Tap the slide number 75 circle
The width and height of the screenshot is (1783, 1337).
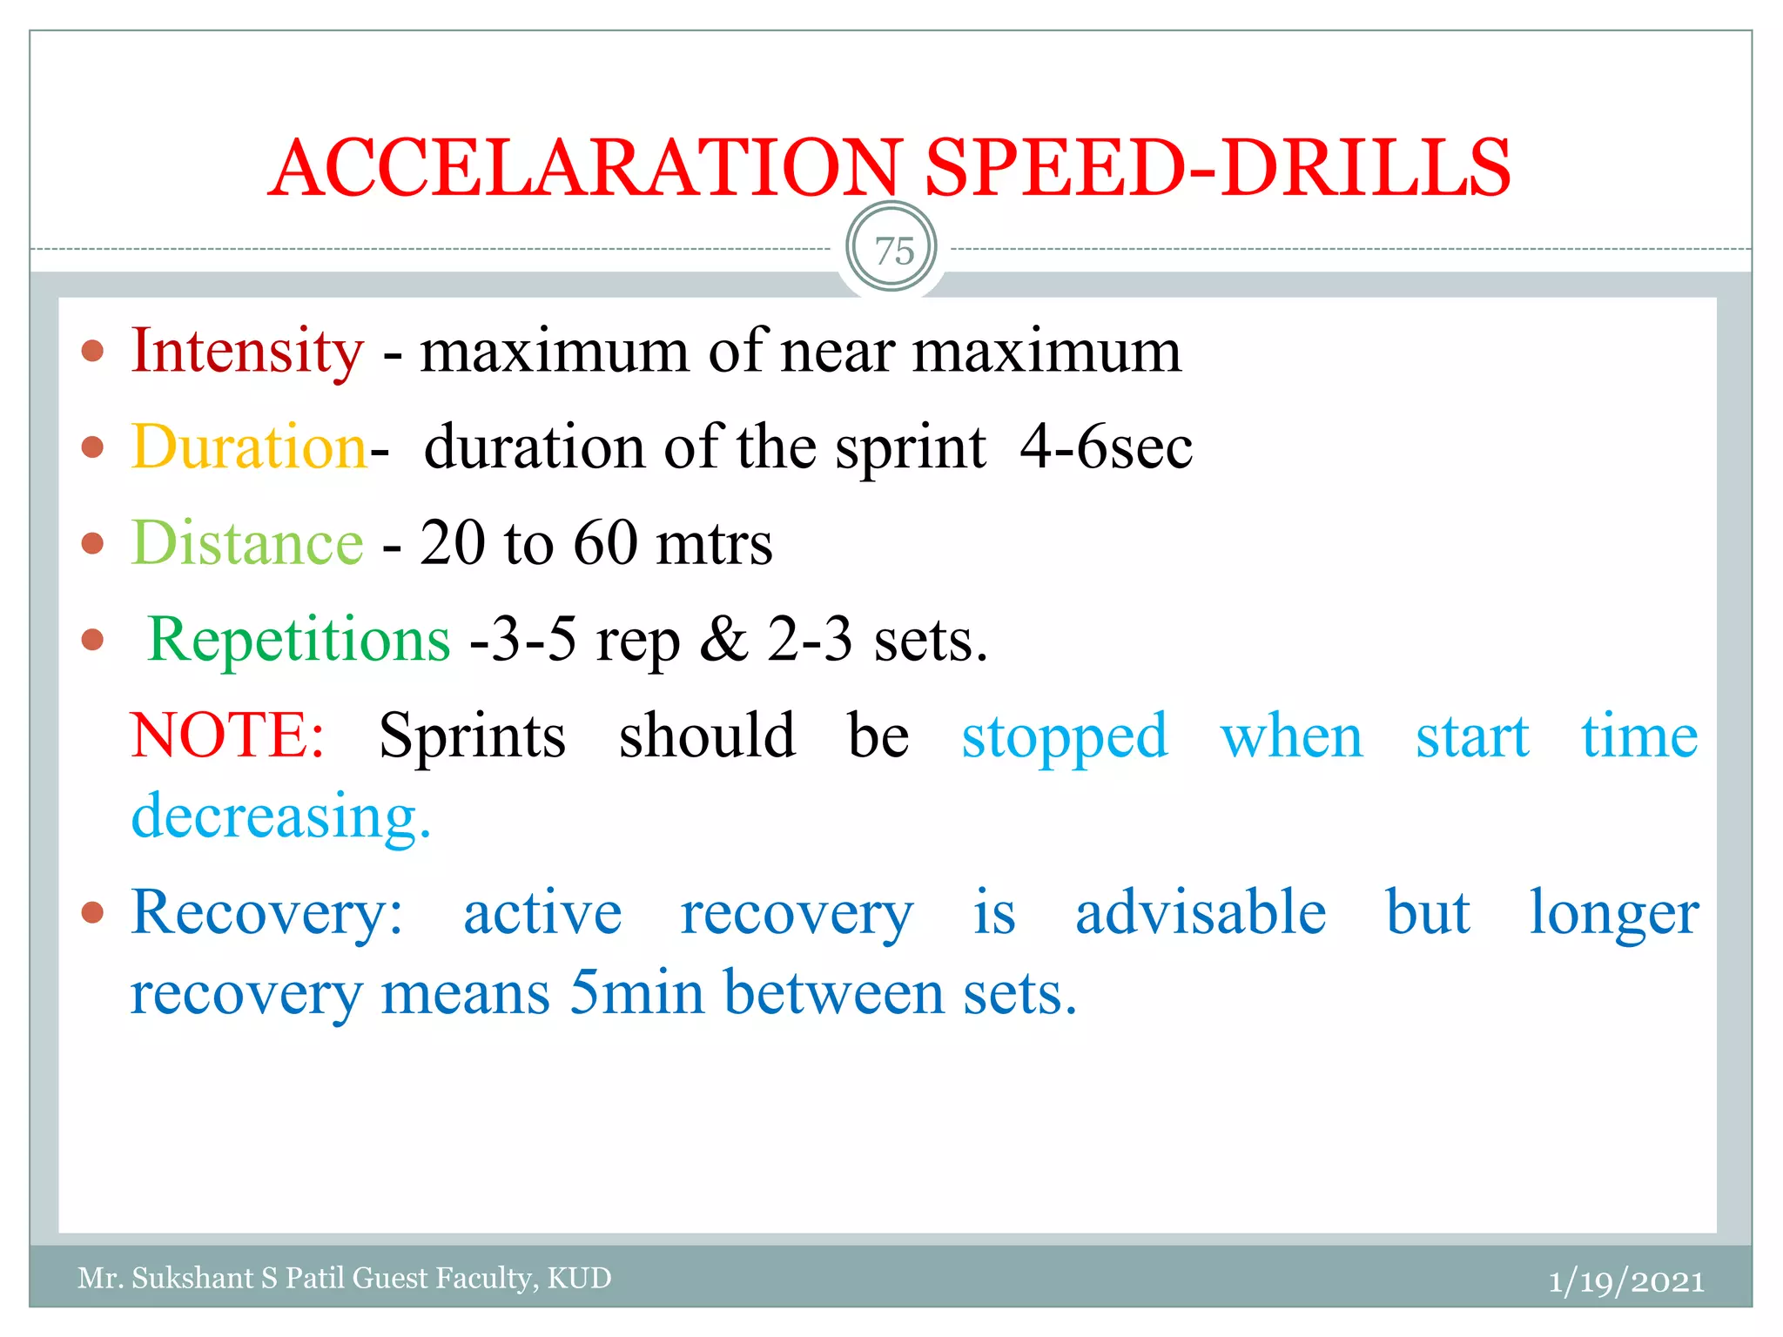(891, 250)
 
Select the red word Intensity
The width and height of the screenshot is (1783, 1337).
(247, 351)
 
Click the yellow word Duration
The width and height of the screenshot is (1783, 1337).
(249, 447)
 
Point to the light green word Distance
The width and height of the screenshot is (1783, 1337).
(247, 543)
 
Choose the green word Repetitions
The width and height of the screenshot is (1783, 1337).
(299, 640)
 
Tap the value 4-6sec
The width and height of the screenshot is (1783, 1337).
(1106, 447)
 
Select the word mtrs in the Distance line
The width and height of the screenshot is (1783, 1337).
(714, 543)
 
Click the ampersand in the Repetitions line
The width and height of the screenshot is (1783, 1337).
(723, 640)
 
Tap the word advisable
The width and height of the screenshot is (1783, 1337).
(1201, 914)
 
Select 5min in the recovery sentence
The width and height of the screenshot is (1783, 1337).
(636, 993)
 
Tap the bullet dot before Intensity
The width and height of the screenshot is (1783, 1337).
(92, 352)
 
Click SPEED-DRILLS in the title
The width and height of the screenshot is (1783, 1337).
(1217, 167)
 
